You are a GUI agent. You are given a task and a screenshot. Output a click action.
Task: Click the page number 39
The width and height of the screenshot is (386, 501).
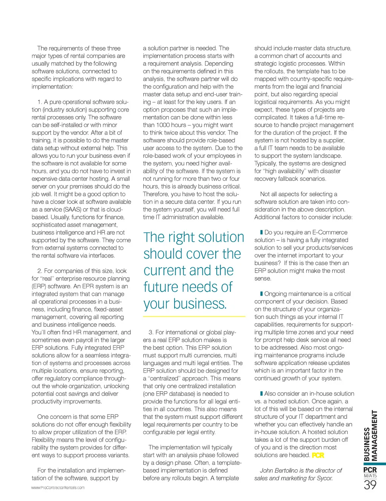tap(370, 485)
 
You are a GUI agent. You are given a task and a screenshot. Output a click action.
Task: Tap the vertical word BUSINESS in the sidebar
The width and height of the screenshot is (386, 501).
tap(367, 444)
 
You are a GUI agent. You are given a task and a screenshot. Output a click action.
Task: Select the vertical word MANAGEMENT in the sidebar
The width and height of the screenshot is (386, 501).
tap(374, 435)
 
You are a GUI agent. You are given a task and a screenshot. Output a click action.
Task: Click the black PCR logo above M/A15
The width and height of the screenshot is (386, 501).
tap(370, 470)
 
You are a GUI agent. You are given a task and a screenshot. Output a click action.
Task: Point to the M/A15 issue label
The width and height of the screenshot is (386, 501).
tap(370, 476)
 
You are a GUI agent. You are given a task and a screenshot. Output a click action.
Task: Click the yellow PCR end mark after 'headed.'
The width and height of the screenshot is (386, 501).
tap(318, 455)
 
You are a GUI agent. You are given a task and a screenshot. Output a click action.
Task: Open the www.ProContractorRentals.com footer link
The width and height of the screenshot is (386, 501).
tap(58, 488)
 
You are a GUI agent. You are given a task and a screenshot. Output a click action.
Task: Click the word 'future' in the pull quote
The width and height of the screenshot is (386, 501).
tap(162, 287)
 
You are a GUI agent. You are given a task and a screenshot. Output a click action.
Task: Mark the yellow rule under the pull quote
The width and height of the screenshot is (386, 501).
tap(194, 316)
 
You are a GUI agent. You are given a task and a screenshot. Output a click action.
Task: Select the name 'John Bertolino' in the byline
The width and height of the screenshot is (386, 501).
tap(279, 470)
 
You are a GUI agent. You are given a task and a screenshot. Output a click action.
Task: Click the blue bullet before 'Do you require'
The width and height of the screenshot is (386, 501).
tap(262, 232)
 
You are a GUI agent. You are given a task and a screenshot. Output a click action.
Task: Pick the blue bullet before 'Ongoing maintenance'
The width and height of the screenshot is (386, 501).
tap(262, 294)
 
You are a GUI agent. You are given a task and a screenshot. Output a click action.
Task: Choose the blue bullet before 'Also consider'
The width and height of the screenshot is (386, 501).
tap(262, 394)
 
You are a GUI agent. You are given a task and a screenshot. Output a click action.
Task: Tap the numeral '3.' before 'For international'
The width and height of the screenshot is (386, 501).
tap(151, 332)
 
